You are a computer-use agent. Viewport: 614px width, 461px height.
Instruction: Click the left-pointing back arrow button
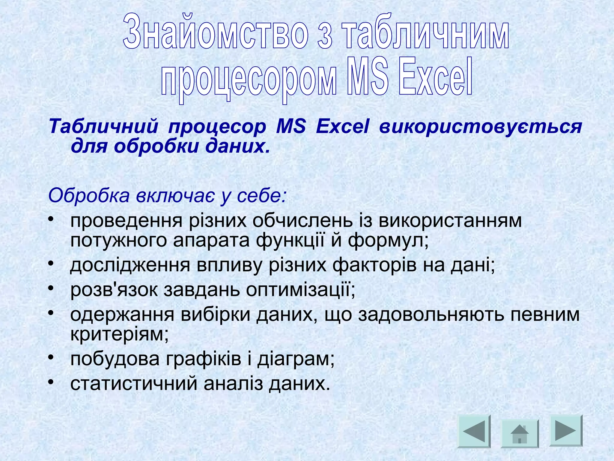pyautogui.click(x=474, y=431)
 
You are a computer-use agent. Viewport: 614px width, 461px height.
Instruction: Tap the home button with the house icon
pyautogui.click(x=520, y=433)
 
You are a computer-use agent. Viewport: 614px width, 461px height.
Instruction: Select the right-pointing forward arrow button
pyautogui.click(x=565, y=430)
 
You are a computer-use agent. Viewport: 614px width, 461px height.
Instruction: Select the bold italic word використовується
pyautogui.click(x=480, y=127)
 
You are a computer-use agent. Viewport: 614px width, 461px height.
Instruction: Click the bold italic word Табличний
pyautogui.click(x=103, y=127)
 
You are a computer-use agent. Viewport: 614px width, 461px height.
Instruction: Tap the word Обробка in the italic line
pyautogui.click(x=89, y=196)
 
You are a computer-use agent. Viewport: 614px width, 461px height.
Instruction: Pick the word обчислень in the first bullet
pyautogui.click(x=303, y=221)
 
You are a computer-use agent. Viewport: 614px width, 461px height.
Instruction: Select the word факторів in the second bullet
pyautogui.click(x=374, y=265)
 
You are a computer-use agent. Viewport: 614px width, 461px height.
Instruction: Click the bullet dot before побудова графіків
pyautogui.click(x=51, y=357)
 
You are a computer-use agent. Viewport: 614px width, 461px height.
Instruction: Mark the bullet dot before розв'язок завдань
pyautogui.click(x=51, y=288)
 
